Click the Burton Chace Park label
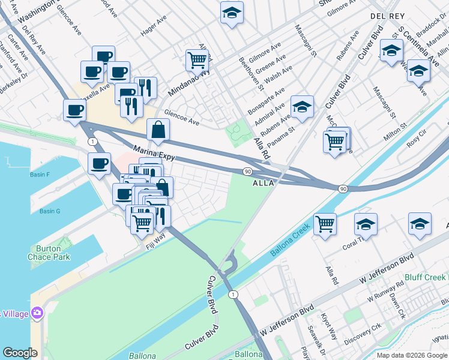(x=49, y=253)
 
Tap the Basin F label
(x=40, y=175)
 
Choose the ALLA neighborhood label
(x=264, y=182)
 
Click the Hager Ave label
(x=153, y=27)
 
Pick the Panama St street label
(x=282, y=133)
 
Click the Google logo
(x=20, y=353)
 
